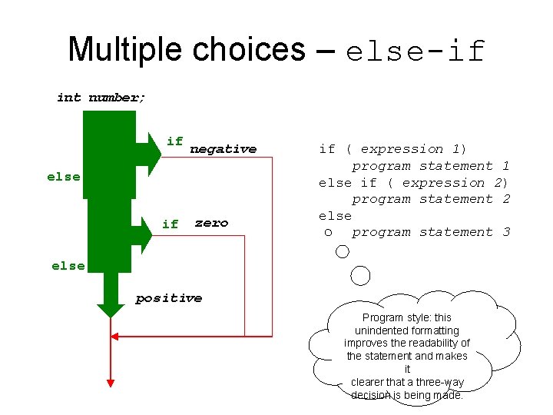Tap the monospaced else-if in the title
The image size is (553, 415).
pyautogui.click(x=416, y=51)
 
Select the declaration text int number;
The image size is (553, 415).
pyautogui.click(x=101, y=98)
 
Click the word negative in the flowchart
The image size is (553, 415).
pyautogui.click(x=223, y=149)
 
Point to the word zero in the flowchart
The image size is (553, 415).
pyautogui.click(x=211, y=223)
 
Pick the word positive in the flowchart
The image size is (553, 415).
pyautogui.click(x=169, y=298)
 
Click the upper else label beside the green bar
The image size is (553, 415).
pyautogui.click(x=63, y=177)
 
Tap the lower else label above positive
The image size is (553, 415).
pyautogui.click(x=68, y=266)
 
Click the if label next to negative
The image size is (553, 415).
pyautogui.click(x=175, y=141)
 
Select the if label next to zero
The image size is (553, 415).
pyautogui.click(x=171, y=224)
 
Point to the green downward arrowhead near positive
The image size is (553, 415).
pyautogui.click(x=111, y=309)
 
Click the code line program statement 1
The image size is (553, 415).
pyautogui.click(x=431, y=166)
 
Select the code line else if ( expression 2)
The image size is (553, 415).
pyautogui.click(x=413, y=183)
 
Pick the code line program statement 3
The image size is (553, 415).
pyautogui.click(x=431, y=232)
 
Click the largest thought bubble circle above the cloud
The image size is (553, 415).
pyautogui.click(x=359, y=275)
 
